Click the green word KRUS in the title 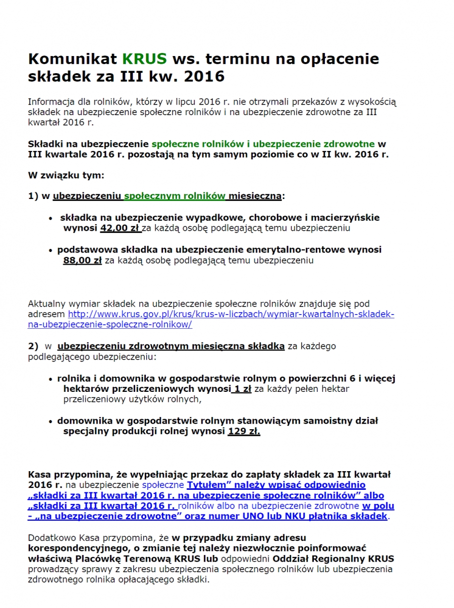144,59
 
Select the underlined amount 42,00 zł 120,228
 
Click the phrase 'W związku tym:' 66,175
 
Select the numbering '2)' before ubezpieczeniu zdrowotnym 33,346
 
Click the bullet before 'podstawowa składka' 51,250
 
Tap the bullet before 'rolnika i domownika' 51,378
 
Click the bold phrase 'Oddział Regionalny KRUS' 333,559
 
